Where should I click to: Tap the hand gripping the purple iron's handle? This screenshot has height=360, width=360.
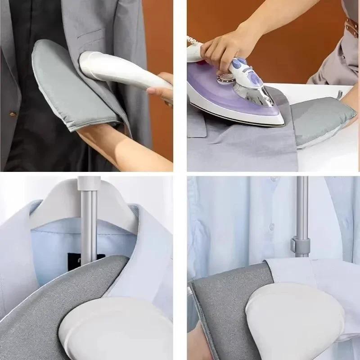[x=225, y=45]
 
